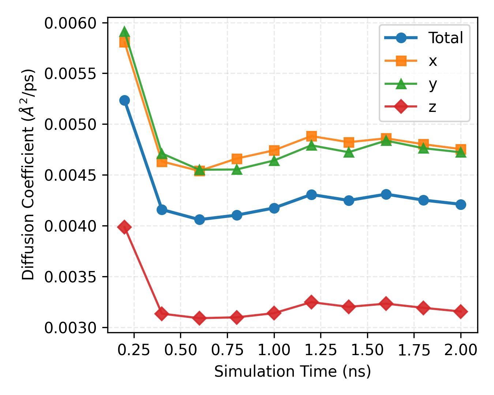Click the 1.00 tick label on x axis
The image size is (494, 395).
[x=274, y=350]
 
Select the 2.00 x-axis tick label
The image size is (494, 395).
[x=460, y=350]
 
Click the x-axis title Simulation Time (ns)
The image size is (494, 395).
[x=292, y=372]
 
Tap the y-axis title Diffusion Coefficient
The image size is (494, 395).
[x=29, y=175]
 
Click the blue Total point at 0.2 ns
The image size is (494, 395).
[x=124, y=100]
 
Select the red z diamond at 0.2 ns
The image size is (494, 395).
[x=124, y=227]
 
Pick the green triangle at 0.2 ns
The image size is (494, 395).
[x=124, y=32]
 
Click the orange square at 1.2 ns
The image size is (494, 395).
[x=311, y=136]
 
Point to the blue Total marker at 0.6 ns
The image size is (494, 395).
[x=199, y=219]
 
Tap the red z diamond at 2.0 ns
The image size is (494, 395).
[x=460, y=312]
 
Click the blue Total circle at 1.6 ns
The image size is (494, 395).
[x=386, y=194]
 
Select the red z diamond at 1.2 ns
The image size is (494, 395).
[x=311, y=302]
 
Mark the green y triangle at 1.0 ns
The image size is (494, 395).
[x=274, y=161]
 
